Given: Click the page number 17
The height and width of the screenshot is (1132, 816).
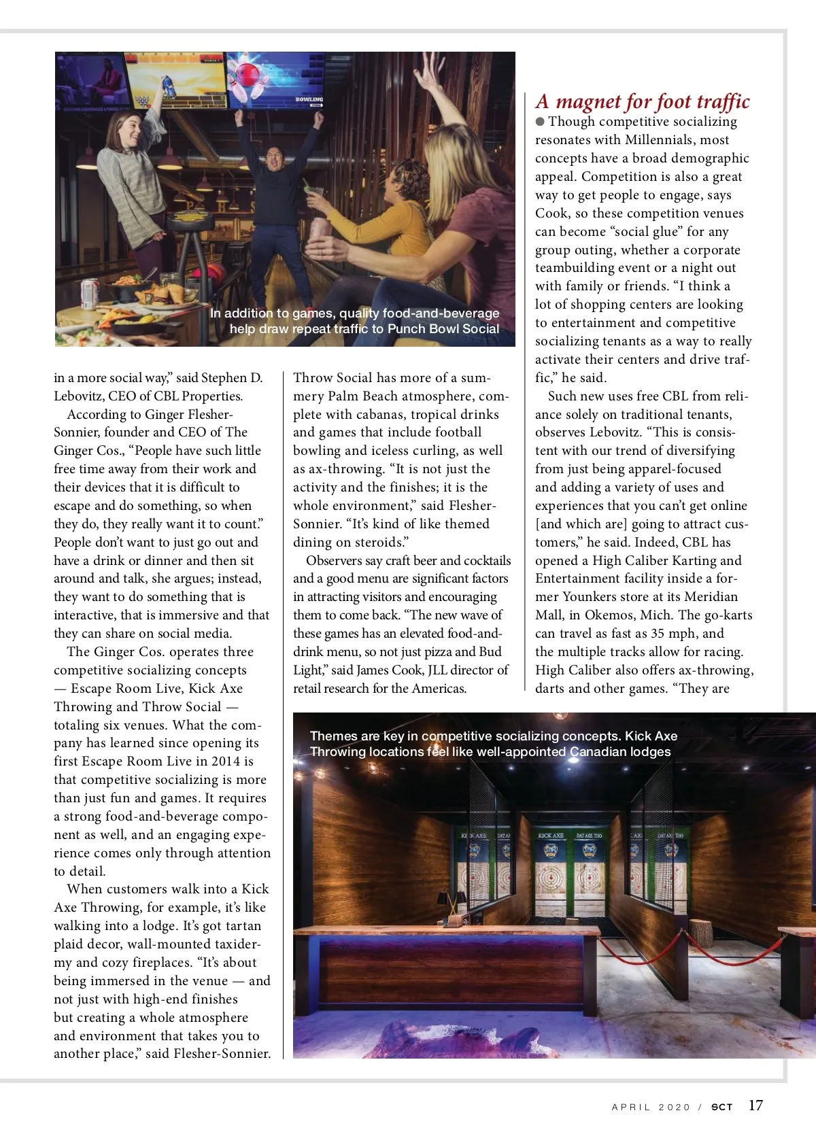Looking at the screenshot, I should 755,1105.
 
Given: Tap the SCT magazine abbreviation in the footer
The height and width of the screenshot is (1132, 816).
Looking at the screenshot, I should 721,1107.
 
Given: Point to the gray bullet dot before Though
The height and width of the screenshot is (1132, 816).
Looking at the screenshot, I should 540,122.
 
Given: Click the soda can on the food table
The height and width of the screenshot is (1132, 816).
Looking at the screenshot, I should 89,292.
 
